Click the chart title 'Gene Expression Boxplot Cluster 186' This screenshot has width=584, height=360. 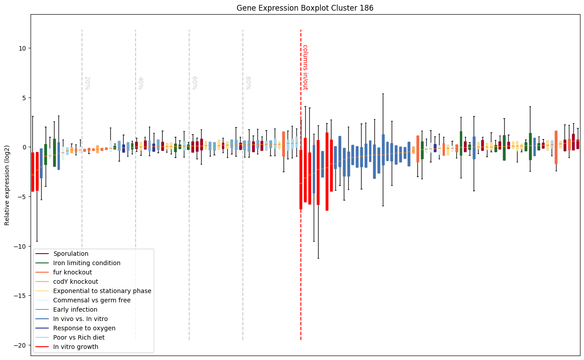[305, 8]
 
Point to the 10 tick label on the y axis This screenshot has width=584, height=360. [22, 48]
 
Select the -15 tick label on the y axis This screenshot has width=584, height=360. [20, 296]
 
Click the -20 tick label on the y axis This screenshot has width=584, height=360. [20, 345]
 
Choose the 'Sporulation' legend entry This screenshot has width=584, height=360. [71, 254]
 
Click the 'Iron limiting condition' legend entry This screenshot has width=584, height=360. [87, 263]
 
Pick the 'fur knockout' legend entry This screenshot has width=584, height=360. [73, 272]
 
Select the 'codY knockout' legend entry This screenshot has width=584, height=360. [76, 282]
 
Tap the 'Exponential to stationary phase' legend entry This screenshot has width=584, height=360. [102, 291]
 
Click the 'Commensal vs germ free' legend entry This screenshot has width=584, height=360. [92, 300]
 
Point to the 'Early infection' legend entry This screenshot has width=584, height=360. [75, 309]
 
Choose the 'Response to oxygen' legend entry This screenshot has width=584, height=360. [84, 328]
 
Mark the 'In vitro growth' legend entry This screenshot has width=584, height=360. [76, 347]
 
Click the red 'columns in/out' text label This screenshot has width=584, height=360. [305, 67]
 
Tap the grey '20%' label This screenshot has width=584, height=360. [87, 83]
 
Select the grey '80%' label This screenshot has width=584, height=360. [248, 83]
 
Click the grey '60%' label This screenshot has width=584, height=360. [194, 83]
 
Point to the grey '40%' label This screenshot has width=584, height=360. [140, 83]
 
